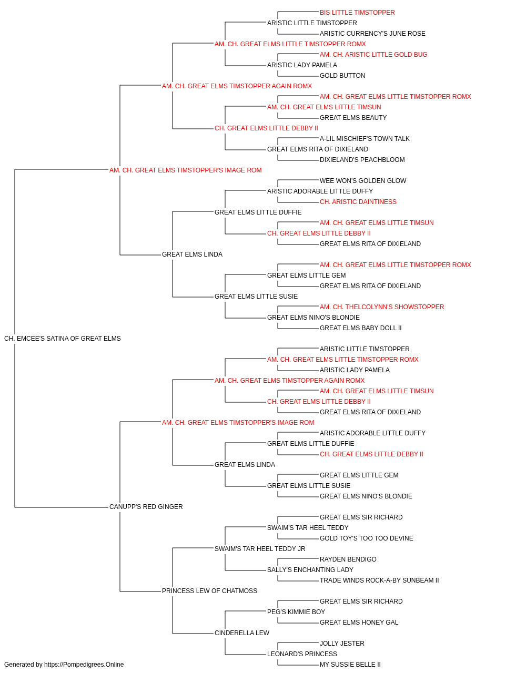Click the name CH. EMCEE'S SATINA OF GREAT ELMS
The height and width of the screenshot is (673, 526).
[62, 339]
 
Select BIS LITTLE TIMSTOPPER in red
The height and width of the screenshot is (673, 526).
[357, 13]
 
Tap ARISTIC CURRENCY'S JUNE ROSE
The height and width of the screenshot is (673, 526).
[372, 34]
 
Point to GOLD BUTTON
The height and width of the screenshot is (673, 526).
[342, 76]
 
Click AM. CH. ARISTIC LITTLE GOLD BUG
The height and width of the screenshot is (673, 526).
[373, 55]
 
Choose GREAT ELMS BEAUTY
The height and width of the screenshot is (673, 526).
[353, 118]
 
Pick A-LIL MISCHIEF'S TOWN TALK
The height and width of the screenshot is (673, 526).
[365, 139]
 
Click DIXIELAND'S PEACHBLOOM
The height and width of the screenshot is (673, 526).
[362, 160]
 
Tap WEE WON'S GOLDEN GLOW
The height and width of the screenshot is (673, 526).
[363, 181]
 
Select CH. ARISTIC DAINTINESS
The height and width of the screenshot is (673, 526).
[358, 202]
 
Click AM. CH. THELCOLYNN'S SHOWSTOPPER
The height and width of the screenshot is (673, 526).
[382, 307]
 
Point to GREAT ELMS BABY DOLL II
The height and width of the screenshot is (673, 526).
[361, 328]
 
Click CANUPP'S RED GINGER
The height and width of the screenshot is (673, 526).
[146, 507]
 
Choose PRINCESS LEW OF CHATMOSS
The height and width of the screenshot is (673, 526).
[209, 591]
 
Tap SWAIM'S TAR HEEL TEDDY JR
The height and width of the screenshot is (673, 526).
[260, 549]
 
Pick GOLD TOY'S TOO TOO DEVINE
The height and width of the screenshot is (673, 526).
[367, 538]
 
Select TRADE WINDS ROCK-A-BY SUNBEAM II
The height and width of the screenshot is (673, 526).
[379, 580]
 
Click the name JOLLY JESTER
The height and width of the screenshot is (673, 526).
[342, 644]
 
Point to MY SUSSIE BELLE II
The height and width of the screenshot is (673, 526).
[350, 665]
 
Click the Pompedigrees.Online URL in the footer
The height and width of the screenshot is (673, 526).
[84, 665]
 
